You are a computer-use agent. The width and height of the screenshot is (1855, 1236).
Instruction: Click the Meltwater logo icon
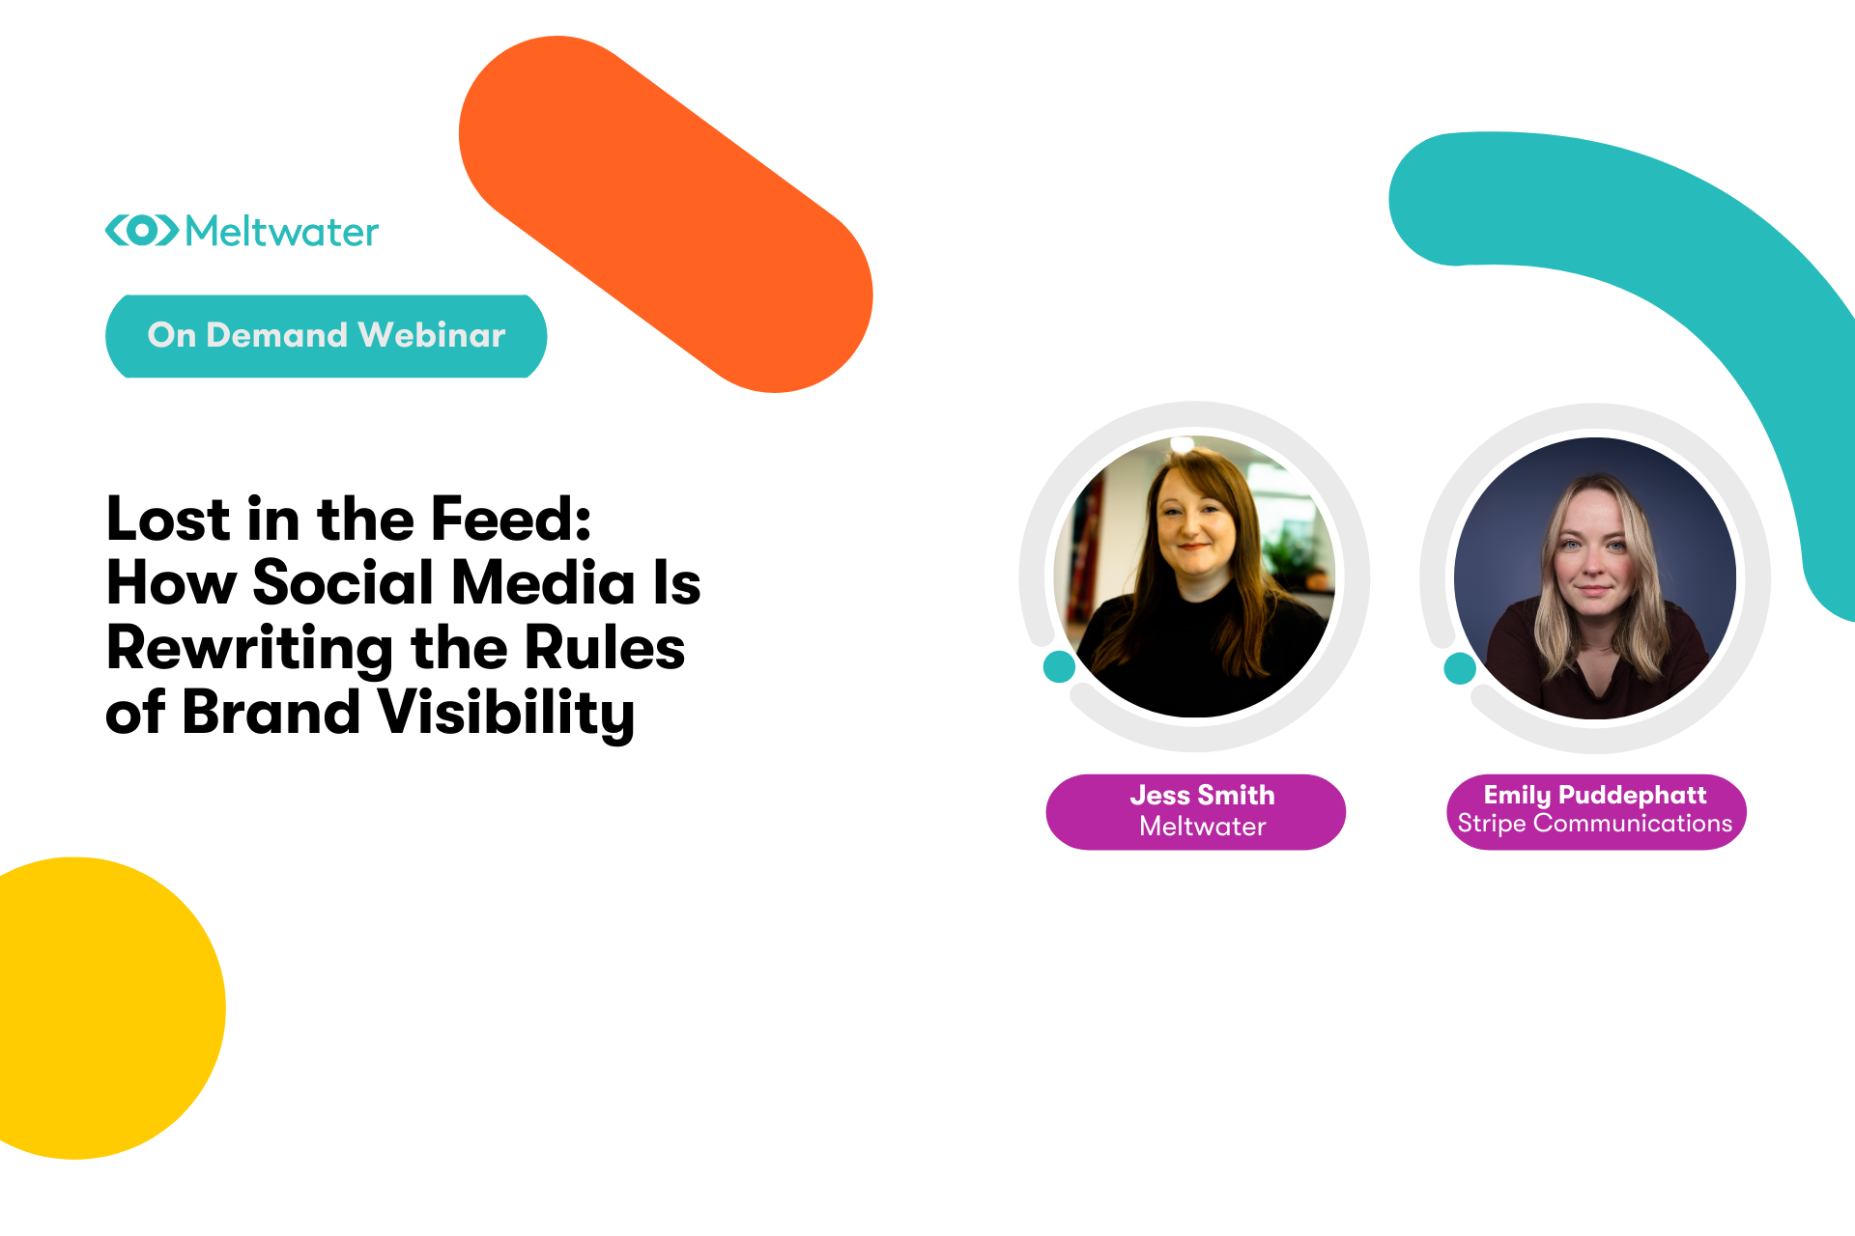[142, 230]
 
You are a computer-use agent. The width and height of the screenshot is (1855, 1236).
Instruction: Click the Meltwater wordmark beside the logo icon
[282, 232]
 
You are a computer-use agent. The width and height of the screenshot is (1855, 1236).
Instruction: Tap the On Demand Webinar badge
[327, 336]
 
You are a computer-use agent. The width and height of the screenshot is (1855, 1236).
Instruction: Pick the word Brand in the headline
[271, 712]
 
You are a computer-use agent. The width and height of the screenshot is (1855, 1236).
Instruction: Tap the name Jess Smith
[1202, 795]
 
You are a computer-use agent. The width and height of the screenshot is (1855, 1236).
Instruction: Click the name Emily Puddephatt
[1595, 796]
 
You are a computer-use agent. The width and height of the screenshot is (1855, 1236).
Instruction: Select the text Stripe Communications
[1595, 824]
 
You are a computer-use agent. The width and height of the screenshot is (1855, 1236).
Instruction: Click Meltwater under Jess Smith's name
[1202, 827]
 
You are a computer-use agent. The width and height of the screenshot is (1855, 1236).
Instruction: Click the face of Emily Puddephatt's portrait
[1595, 547]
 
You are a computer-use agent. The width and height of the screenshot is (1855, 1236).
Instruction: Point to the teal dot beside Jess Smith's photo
[1060, 666]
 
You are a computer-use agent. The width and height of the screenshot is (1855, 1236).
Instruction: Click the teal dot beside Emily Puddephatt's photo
[1460, 667]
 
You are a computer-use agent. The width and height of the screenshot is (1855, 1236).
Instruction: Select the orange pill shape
[666, 214]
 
